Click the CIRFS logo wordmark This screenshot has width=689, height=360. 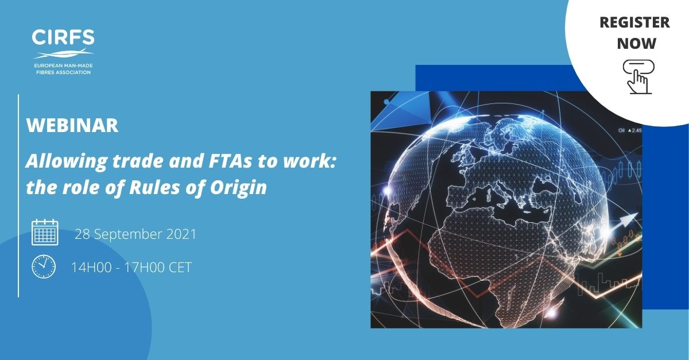pyautogui.click(x=63, y=37)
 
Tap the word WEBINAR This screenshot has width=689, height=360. pyautogui.click(x=72, y=125)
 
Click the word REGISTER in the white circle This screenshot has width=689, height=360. pyautogui.click(x=634, y=22)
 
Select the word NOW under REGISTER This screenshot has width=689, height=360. pyautogui.click(x=636, y=43)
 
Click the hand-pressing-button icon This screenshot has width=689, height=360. pyautogui.click(x=638, y=76)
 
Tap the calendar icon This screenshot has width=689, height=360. pyautogui.click(x=45, y=232)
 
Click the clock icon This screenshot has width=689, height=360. pyautogui.click(x=44, y=266)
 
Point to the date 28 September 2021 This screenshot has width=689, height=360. pyautogui.click(x=136, y=234)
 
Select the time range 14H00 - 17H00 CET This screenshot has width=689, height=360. pyautogui.click(x=131, y=268)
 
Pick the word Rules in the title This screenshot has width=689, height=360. pyautogui.click(x=154, y=187)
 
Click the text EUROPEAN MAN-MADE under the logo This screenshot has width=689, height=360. pyautogui.click(x=63, y=65)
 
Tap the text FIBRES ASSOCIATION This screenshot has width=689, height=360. pyautogui.click(x=63, y=72)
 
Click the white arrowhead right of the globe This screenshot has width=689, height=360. pyautogui.click(x=628, y=219)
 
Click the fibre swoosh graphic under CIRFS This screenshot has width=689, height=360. pyautogui.click(x=63, y=53)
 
